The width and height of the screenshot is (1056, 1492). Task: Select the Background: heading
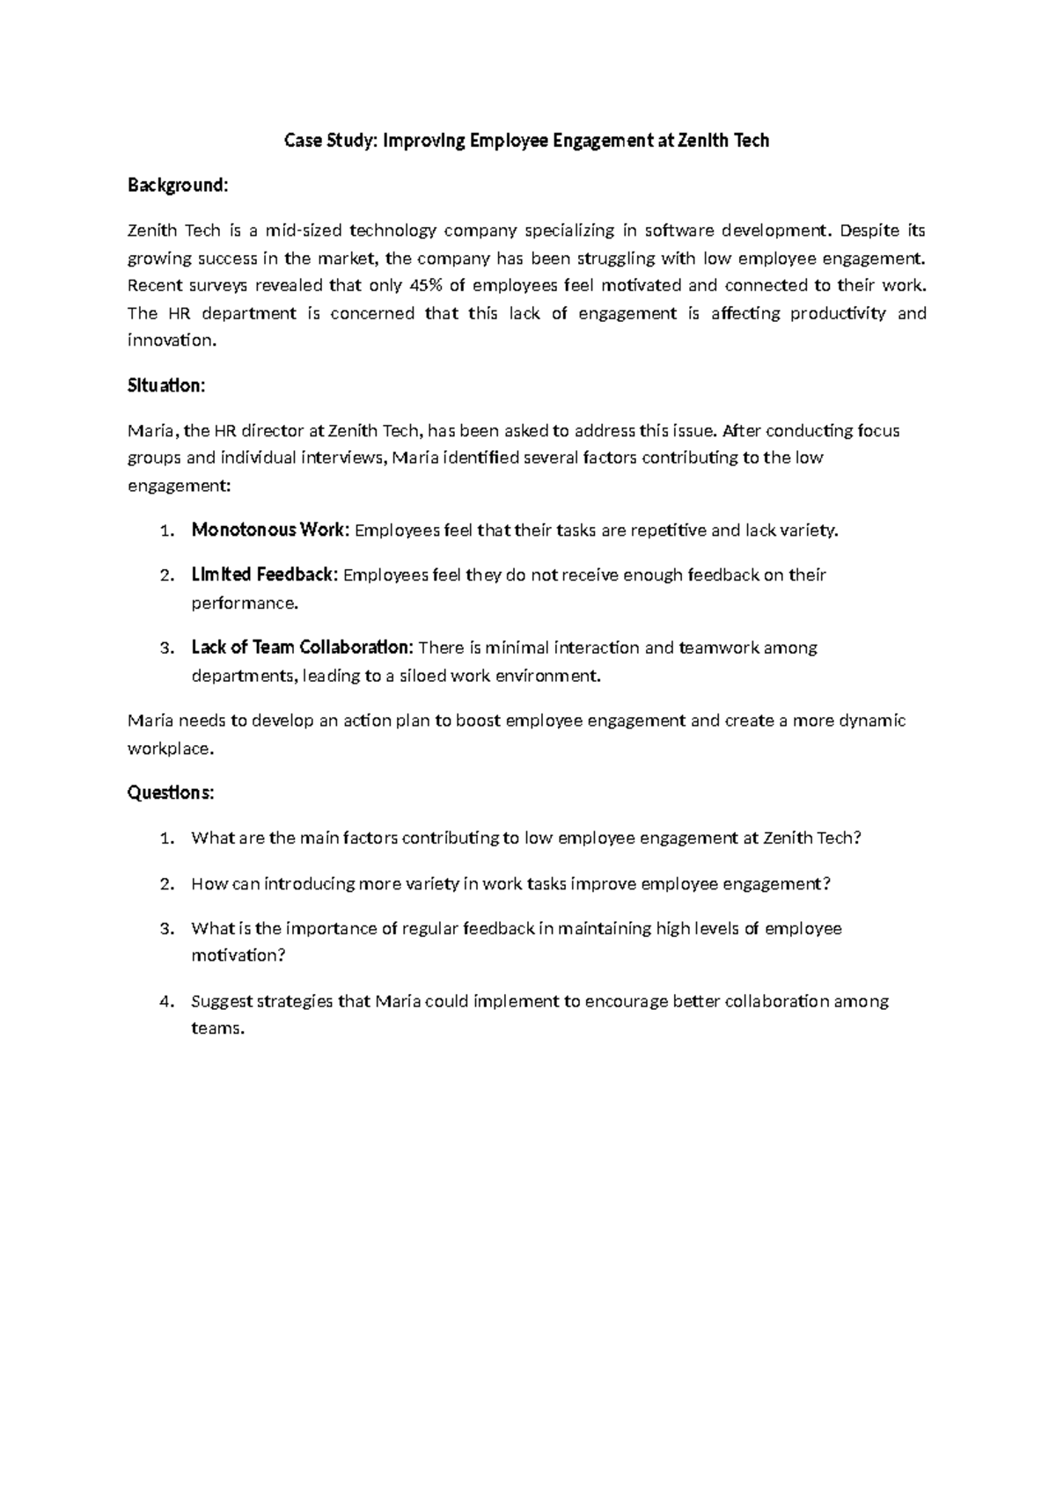[178, 186]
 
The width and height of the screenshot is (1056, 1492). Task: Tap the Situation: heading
[166, 385]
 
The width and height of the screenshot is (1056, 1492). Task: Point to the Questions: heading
[171, 793]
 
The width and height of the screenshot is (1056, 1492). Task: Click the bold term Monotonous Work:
[270, 530]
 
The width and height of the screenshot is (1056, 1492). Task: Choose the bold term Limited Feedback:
[264, 574]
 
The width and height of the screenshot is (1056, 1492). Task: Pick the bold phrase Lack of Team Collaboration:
[302, 647]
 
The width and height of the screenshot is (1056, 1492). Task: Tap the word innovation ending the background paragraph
[169, 340]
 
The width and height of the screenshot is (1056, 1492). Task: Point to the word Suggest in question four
[222, 1001]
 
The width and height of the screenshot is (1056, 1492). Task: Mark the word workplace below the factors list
[168, 749]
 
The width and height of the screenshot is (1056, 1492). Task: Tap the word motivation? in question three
[238, 955]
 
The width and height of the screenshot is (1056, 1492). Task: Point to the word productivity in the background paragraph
[838, 313]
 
